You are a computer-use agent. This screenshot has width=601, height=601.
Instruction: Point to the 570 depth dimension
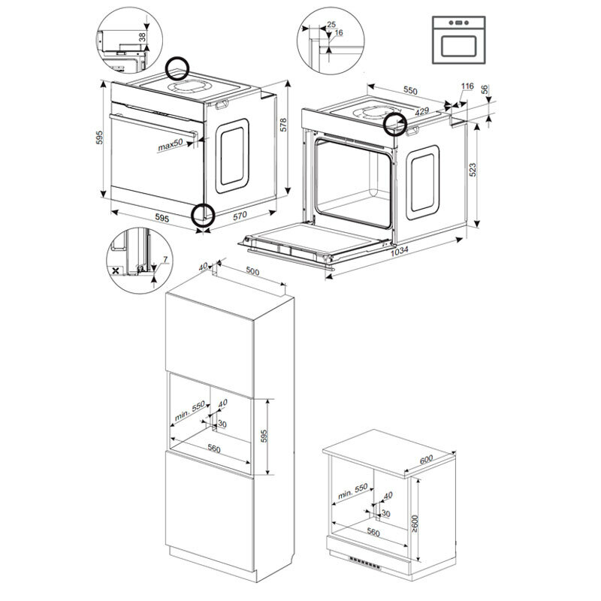[240, 216]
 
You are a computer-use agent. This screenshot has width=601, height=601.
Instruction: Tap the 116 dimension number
[467, 88]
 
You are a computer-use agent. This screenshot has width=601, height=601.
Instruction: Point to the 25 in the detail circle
[331, 24]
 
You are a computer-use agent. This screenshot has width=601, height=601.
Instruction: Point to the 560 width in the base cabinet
[370, 532]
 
